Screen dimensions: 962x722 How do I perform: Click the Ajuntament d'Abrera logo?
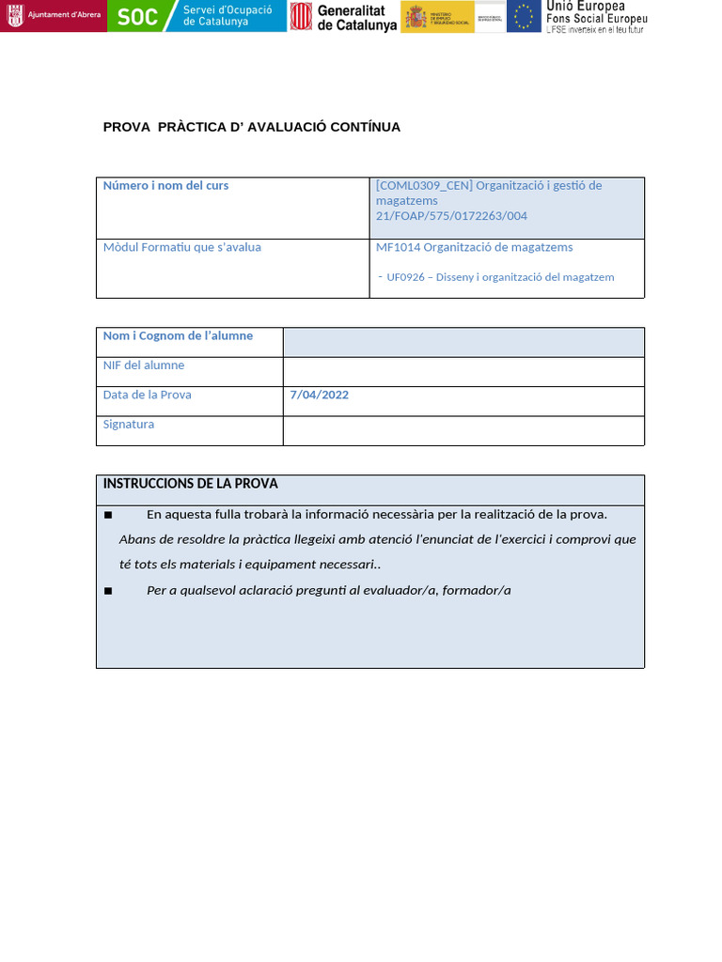click(x=54, y=16)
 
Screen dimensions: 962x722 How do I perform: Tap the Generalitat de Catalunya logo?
click(x=343, y=17)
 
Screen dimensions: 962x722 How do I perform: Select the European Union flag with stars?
click(x=524, y=16)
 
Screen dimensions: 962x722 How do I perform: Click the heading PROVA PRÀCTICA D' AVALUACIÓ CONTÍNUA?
click(x=251, y=127)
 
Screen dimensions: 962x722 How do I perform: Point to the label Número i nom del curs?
click(x=165, y=185)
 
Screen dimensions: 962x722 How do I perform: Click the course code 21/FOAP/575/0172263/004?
click(x=451, y=216)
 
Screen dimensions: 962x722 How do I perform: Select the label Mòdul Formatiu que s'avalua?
click(x=181, y=247)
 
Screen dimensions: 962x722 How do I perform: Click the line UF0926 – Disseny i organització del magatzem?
click(x=500, y=277)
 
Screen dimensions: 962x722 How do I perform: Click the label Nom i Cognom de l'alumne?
click(x=178, y=335)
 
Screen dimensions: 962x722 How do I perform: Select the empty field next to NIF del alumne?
click(x=463, y=372)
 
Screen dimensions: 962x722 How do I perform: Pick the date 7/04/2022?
click(x=320, y=395)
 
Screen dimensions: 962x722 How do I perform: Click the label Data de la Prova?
click(x=147, y=395)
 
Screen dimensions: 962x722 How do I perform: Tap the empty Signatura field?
click(x=463, y=430)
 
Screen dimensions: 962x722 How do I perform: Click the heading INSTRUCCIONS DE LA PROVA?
click(x=190, y=484)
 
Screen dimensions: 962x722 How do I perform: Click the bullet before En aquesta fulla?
click(x=108, y=515)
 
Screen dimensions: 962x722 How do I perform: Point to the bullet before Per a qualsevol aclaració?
click(x=108, y=591)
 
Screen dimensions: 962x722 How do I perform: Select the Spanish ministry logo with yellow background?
click(x=437, y=17)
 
